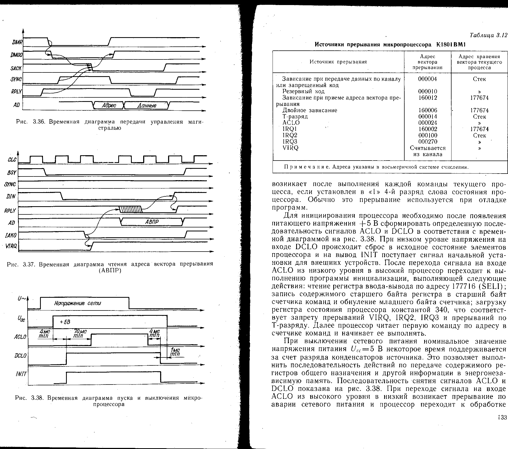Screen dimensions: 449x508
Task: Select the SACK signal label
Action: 16,68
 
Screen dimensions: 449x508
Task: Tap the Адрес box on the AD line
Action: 109,106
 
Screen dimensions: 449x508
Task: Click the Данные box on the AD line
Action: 147,106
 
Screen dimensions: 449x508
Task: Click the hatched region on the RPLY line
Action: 131,209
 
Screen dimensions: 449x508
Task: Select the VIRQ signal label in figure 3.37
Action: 11,246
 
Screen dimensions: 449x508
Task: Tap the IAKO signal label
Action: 11,235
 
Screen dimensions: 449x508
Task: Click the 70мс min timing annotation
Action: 80,334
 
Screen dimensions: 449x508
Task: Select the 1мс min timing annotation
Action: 175,352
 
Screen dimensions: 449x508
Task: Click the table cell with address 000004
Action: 427,79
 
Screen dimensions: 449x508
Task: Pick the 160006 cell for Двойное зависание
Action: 427,110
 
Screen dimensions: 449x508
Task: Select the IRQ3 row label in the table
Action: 290,141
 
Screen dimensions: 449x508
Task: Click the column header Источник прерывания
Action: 338,62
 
